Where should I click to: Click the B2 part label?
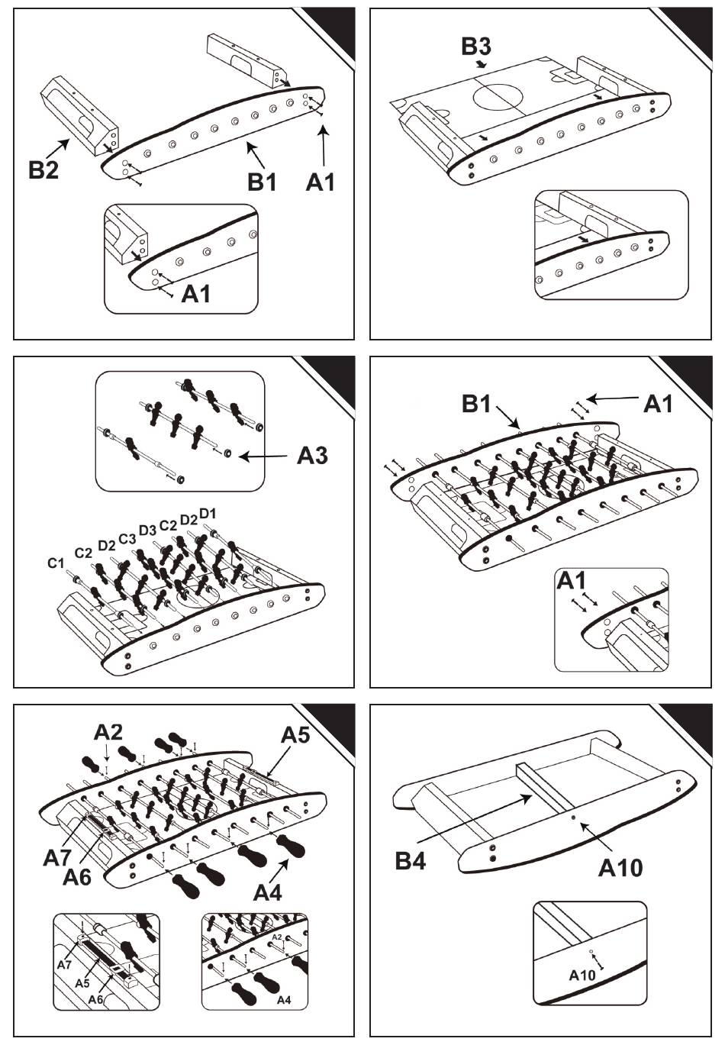[43, 169]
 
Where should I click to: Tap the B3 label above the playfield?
[476, 47]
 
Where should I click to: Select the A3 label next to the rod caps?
[313, 455]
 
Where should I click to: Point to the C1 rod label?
[56, 563]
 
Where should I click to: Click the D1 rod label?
[208, 514]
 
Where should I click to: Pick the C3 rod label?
[127, 539]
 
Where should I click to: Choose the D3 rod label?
[148, 531]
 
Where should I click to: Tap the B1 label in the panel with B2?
[262, 182]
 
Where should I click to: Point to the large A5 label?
[296, 735]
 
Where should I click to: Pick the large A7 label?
[57, 857]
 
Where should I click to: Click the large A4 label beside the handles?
[268, 893]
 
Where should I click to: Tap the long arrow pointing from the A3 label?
[263, 456]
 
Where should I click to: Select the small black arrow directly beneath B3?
[481, 63]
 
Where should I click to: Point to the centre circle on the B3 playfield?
[498, 97]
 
